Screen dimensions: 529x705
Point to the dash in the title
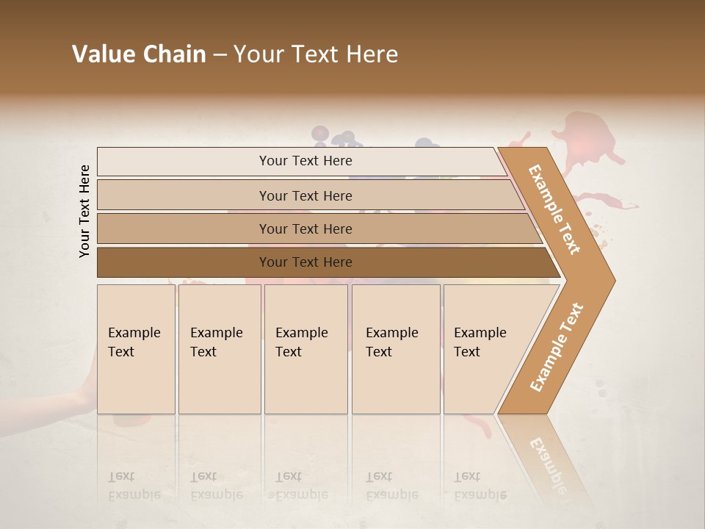(220, 55)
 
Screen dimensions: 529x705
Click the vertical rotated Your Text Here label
(85, 211)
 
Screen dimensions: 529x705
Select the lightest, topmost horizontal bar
(305, 161)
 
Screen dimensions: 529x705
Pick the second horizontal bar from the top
(305, 195)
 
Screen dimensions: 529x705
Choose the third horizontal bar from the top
(305, 228)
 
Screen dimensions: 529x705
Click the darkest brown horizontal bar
(305, 262)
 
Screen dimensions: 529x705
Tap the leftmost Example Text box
(136, 349)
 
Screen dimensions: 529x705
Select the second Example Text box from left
(220, 349)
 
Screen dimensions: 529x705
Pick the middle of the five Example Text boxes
(305, 349)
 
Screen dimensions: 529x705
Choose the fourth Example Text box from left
(396, 349)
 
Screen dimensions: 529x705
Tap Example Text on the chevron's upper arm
(554, 209)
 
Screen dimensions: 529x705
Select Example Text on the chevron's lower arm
(556, 347)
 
